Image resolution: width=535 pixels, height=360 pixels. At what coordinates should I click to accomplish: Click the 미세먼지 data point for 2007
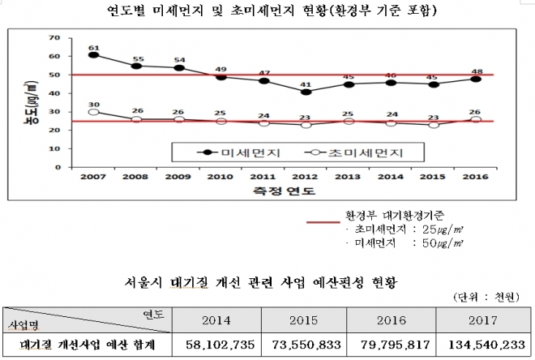point(93,55)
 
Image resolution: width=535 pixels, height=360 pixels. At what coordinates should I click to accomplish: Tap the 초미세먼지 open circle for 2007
point(93,112)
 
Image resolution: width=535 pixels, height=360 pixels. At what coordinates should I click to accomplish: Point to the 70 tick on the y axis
point(55,38)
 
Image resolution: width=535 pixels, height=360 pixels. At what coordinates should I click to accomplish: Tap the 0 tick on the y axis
point(58,167)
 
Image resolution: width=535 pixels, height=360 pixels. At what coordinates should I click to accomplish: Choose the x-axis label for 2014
point(392,176)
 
